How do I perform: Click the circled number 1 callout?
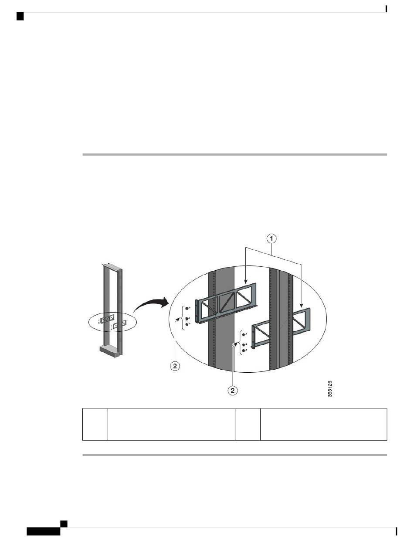[x=271, y=239]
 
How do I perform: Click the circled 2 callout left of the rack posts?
[x=175, y=366]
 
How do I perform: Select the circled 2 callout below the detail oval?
[x=232, y=390]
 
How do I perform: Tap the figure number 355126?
[x=329, y=388]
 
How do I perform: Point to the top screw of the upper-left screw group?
[x=187, y=308]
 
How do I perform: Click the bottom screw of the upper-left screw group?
[x=187, y=324]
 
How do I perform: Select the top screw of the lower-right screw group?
[x=244, y=334]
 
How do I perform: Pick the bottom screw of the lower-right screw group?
[x=244, y=350]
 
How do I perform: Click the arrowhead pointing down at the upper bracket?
[x=245, y=282]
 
